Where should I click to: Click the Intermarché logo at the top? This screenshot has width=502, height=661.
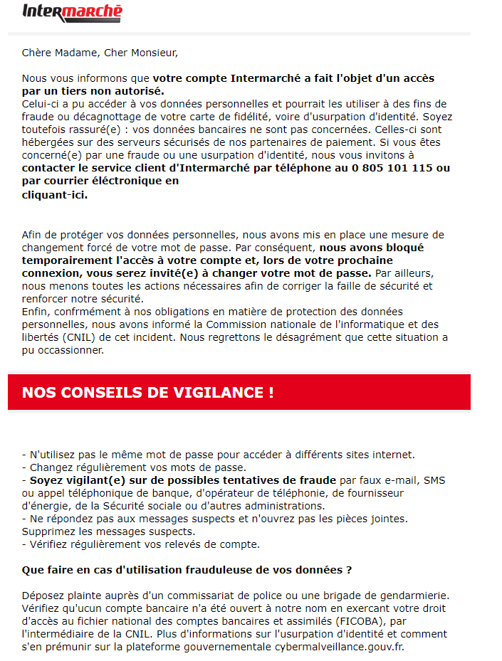click(x=72, y=11)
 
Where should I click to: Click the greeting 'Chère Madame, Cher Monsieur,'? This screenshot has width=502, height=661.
click(x=100, y=53)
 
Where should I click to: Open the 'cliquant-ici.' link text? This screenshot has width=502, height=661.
click(x=55, y=194)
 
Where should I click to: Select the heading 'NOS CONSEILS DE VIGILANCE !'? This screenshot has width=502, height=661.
click(x=147, y=393)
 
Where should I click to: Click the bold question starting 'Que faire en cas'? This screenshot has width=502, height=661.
click(x=187, y=570)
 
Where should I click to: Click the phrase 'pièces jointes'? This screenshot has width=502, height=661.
click(x=372, y=519)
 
